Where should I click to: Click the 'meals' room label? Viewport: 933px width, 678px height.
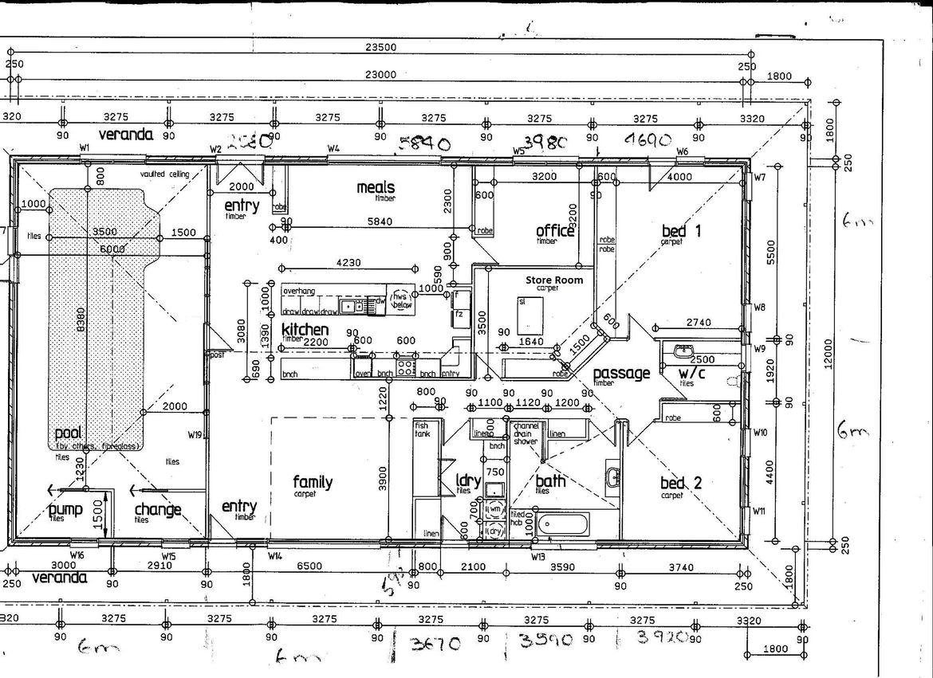(x=376, y=187)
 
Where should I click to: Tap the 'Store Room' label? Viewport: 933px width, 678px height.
(x=553, y=280)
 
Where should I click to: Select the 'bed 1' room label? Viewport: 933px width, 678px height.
(x=681, y=231)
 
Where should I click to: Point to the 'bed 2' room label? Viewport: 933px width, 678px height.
(x=681, y=483)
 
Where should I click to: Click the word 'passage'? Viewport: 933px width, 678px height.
(x=621, y=373)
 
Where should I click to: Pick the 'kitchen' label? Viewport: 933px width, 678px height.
(x=305, y=329)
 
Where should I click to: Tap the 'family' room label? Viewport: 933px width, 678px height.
(x=313, y=481)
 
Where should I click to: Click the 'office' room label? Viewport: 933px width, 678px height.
(x=555, y=231)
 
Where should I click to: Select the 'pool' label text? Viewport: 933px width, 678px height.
(x=69, y=434)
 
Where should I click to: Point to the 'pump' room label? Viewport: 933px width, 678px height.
(x=65, y=509)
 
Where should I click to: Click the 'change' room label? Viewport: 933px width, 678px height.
(x=157, y=509)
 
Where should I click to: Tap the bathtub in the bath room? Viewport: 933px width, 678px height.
(x=563, y=524)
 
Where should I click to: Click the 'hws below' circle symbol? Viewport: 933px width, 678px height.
(x=400, y=296)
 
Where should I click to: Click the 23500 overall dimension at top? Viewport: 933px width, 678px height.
(x=380, y=47)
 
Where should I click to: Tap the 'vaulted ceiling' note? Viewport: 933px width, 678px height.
(x=164, y=174)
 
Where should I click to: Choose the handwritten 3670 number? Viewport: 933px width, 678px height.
(x=435, y=642)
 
